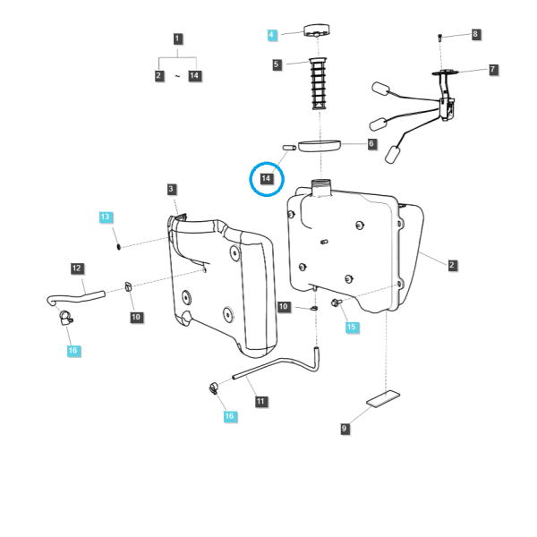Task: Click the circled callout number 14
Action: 266,178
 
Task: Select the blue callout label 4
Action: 272,35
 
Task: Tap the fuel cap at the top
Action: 317,30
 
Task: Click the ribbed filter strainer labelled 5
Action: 319,83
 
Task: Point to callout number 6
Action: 371,143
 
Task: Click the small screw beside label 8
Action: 440,38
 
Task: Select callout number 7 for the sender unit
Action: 492,70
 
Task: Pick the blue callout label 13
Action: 106,217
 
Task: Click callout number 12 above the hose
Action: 77,268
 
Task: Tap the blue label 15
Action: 352,327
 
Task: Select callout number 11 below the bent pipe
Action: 261,401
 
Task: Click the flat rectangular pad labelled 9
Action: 383,399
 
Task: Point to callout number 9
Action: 345,429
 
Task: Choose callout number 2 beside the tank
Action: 452,265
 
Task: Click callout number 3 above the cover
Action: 171,189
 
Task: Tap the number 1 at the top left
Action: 177,38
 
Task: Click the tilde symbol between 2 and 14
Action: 177,76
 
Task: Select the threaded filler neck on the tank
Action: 321,188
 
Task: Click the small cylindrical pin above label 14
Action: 289,148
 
